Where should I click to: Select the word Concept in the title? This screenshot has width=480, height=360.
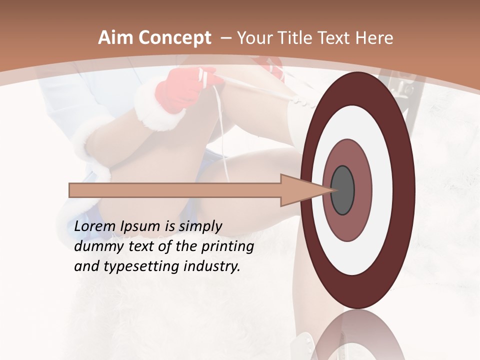pos(174,38)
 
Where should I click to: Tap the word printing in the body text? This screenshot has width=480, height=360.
pos(227,247)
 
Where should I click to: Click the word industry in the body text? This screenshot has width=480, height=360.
pos(212,266)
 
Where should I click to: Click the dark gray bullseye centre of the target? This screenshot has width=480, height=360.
pos(343,190)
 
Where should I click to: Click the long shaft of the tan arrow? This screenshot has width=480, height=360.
pos(175,190)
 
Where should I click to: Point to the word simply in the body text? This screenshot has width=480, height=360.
pos(200,227)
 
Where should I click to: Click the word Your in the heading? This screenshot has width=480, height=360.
pos(254,38)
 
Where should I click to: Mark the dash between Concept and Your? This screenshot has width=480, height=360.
pos(226,38)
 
